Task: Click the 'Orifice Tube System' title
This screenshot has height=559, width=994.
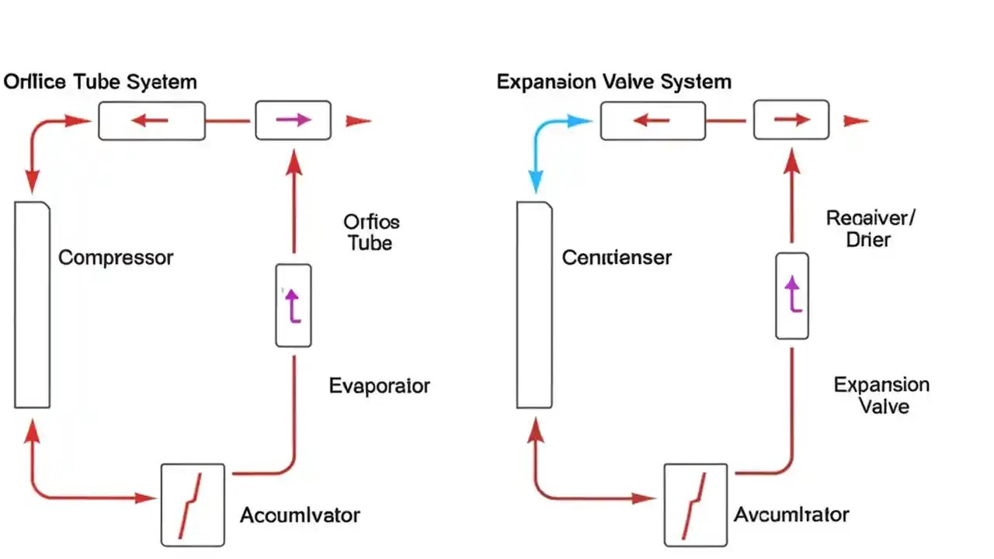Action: pyautogui.click(x=100, y=82)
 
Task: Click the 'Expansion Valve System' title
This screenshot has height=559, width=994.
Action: pyautogui.click(x=613, y=82)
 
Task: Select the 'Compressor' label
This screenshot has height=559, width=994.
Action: pyautogui.click(x=116, y=258)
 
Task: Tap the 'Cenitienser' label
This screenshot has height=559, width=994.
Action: pyautogui.click(x=617, y=258)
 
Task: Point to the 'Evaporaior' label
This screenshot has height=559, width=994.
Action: pyautogui.click(x=379, y=386)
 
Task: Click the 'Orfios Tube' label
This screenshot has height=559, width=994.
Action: pyautogui.click(x=370, y=232)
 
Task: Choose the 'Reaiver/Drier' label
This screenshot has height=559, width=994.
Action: pyautogui.click(x=870, y=227)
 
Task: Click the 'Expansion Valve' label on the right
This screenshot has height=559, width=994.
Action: pyautogui.click(x=881, y=395)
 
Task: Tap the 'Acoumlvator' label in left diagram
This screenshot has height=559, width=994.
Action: pyautogui.click(x=300, y=515)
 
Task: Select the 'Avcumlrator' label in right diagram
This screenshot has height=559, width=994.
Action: pyautogui.click(x=791, y=514)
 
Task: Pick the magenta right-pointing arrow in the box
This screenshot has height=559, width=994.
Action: pyautogui.click(x=294, y=120)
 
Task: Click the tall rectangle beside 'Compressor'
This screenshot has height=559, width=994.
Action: pyautogui.click(x=33, y=304)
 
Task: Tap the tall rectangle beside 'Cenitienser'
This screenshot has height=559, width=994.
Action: pyautogui.click(x=534, y=304)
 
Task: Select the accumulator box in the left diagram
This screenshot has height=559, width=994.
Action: pyautogui.click(x=193, y=505)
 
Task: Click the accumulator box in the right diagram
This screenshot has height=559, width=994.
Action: pyautogui.click(x=695, y=505)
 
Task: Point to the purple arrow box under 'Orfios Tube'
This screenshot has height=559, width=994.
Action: pyautogui.click(x=294, y=305)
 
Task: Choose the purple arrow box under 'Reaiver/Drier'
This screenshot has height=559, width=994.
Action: pyautogui.click(x=792, y=296)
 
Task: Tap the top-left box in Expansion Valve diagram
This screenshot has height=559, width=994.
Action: pyautogui.click(x=652, y=120)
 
